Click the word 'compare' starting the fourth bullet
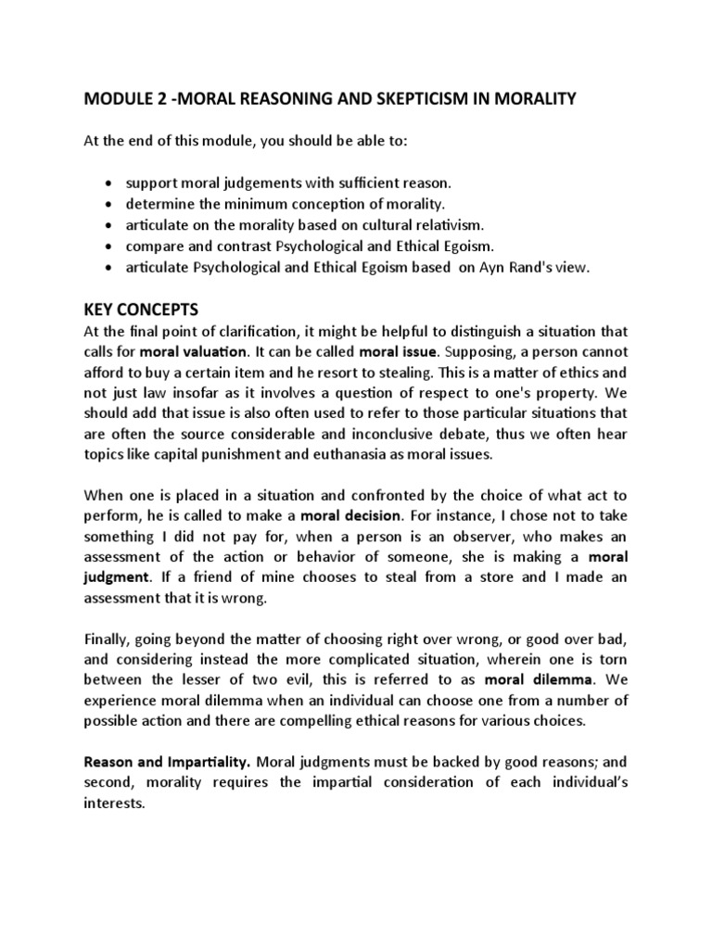154,247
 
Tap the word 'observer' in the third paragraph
496,555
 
